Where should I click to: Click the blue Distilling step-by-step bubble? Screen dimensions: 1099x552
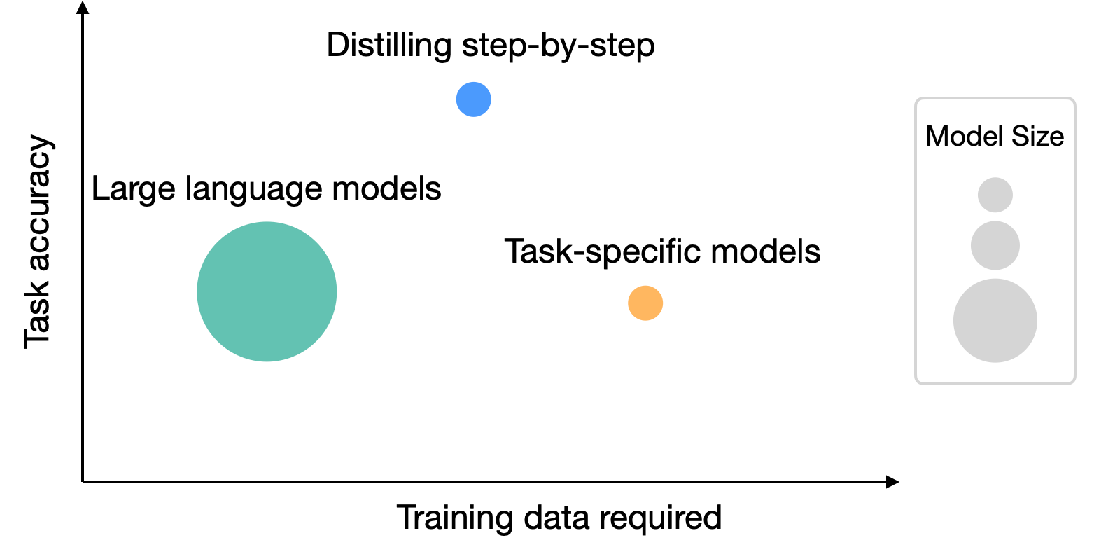click(473, 99)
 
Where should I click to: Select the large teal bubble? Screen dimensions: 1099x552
click(267, 291)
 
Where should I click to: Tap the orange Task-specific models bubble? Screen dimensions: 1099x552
click(645, 303)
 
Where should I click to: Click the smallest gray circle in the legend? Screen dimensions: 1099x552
click(995, 195)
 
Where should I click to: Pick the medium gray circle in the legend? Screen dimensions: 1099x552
click(995, 245)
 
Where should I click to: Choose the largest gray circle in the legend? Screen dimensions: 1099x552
click(995, 321)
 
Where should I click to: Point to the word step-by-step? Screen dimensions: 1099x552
click(559, 46)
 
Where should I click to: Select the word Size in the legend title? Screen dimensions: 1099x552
click(1037, 136)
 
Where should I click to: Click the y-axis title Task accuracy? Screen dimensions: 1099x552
click(38, 242)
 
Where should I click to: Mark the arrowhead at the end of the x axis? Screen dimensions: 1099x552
click(892, 482)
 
